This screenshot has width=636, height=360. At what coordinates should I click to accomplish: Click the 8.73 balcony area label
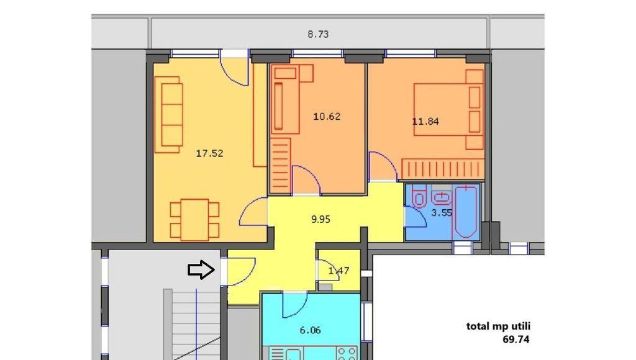click(318, 35)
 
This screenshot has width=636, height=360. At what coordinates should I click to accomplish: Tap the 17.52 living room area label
click(209, 153)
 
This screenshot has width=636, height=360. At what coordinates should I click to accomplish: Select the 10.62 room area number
click(327, 117)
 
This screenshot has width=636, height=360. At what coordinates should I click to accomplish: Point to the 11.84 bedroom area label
click(425, 121)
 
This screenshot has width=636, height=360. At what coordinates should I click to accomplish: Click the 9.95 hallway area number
click(320, 219)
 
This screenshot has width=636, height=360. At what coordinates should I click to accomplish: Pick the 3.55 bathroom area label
click(442, 213)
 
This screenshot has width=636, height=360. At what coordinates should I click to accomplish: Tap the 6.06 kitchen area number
click(311, 330)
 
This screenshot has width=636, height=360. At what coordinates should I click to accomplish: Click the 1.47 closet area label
click(338, 271)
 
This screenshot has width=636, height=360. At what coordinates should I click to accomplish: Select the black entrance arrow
click(201, 269)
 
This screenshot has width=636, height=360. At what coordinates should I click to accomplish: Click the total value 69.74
click(516, 340)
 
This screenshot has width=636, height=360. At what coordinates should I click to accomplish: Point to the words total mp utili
click(498, 326)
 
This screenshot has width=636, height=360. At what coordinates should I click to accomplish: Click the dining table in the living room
click(194, 219)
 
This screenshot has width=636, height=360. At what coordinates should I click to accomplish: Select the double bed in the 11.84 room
click(448, 109)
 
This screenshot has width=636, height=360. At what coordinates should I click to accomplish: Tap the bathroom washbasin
click(441, 197)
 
